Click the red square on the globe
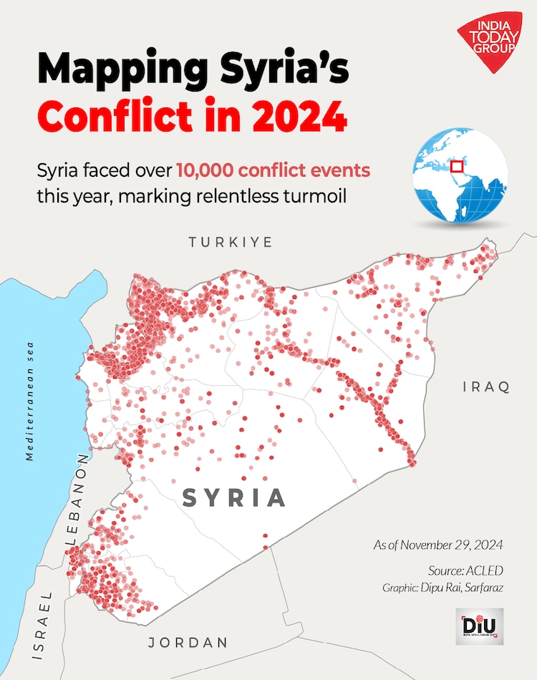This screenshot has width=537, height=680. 456,167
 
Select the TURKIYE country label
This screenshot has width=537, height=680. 231,243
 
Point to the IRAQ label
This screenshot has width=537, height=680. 486,387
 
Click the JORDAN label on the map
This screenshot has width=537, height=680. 188,642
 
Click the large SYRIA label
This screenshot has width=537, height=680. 234,497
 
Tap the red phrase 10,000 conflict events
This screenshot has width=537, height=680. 274,171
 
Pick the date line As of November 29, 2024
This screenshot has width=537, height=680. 438,545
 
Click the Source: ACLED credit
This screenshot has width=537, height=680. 465,570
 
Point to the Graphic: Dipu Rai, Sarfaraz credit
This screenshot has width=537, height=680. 443,588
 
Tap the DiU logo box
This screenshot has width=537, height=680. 479,627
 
